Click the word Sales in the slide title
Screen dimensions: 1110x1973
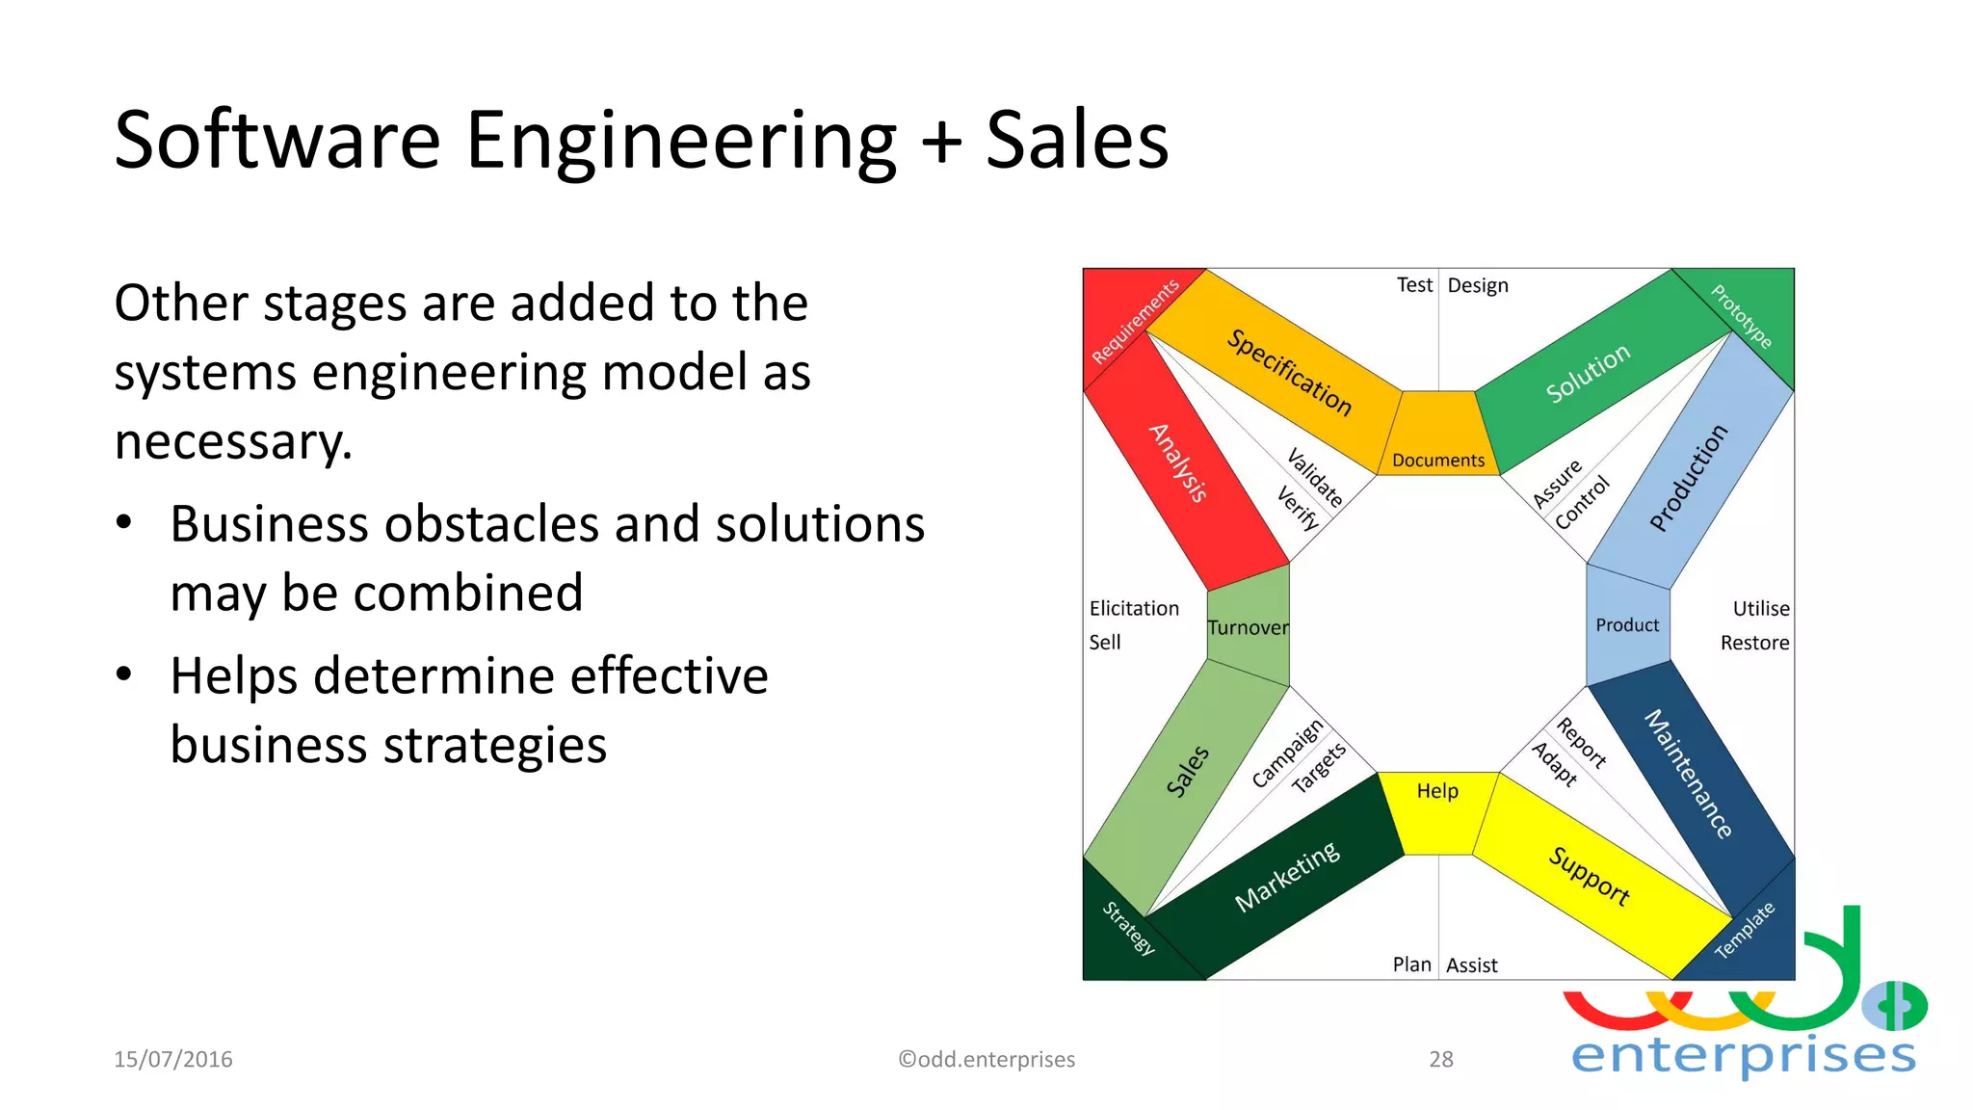click(1076, 141)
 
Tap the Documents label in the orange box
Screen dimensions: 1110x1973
click(1437, 461)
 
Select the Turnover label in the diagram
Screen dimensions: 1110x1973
click(1248, 628)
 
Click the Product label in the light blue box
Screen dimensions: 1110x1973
click(1627, 625)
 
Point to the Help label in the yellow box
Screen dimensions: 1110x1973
click(1437, 791)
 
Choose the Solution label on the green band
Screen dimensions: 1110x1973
click(1588, 373)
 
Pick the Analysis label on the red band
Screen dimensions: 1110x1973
click(1178, 462)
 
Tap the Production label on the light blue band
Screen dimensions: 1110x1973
click(1688, 478)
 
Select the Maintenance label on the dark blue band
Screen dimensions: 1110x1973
click(1688, 774)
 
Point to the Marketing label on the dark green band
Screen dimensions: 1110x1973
click(1287, 877)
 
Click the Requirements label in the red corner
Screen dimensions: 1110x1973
click(1135, 322)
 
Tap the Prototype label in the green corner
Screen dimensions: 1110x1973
click(1741, 316)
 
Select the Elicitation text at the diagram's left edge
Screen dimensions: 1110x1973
click(1134, 609)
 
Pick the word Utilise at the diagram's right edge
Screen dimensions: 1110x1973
click(1760, 609)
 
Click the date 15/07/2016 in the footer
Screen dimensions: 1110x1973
click(173, 1060)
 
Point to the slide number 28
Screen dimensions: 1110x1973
click(1440, 1060)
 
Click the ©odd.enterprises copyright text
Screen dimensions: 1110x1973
click(986, 1060)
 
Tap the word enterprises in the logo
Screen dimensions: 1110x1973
click(1743, 1056)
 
